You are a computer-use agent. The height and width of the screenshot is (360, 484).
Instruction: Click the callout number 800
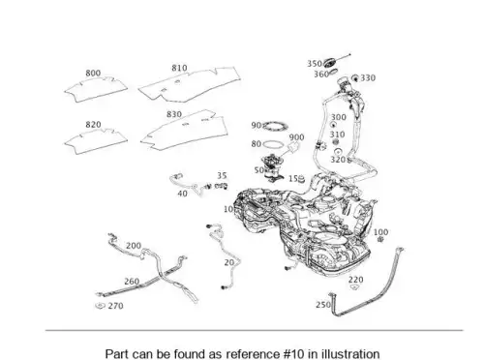[93, 74]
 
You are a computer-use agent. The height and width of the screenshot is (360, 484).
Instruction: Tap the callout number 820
[93, 125]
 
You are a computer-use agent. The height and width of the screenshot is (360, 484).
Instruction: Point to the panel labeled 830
[185, 131]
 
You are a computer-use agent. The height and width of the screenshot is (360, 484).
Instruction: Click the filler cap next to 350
[330, 62]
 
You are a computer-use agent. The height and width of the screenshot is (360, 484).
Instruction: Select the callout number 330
[368, 78]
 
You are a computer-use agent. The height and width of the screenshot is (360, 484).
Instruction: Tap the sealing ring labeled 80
[274, 144]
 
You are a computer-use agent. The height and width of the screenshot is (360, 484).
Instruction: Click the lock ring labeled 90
[275, 127]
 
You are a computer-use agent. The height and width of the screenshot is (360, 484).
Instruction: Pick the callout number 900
[296, 137]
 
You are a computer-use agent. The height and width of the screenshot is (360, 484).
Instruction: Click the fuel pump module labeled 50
[273, 168]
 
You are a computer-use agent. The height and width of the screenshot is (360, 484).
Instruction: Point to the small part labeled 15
[301, 179]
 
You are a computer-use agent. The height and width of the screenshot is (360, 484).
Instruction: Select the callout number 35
[222, 175]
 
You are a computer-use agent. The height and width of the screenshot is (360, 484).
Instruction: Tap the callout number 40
[182, 194]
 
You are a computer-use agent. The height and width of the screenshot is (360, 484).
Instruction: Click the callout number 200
[134, 246]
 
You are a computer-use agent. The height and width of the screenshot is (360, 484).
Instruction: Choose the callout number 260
[132, 282]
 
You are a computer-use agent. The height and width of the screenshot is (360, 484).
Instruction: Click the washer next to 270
[101, 305]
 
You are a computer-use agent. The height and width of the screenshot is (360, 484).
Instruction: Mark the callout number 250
[323, 305]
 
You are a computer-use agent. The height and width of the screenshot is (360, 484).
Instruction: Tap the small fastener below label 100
[380, 240]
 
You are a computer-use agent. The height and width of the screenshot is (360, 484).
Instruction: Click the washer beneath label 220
[354, 286]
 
